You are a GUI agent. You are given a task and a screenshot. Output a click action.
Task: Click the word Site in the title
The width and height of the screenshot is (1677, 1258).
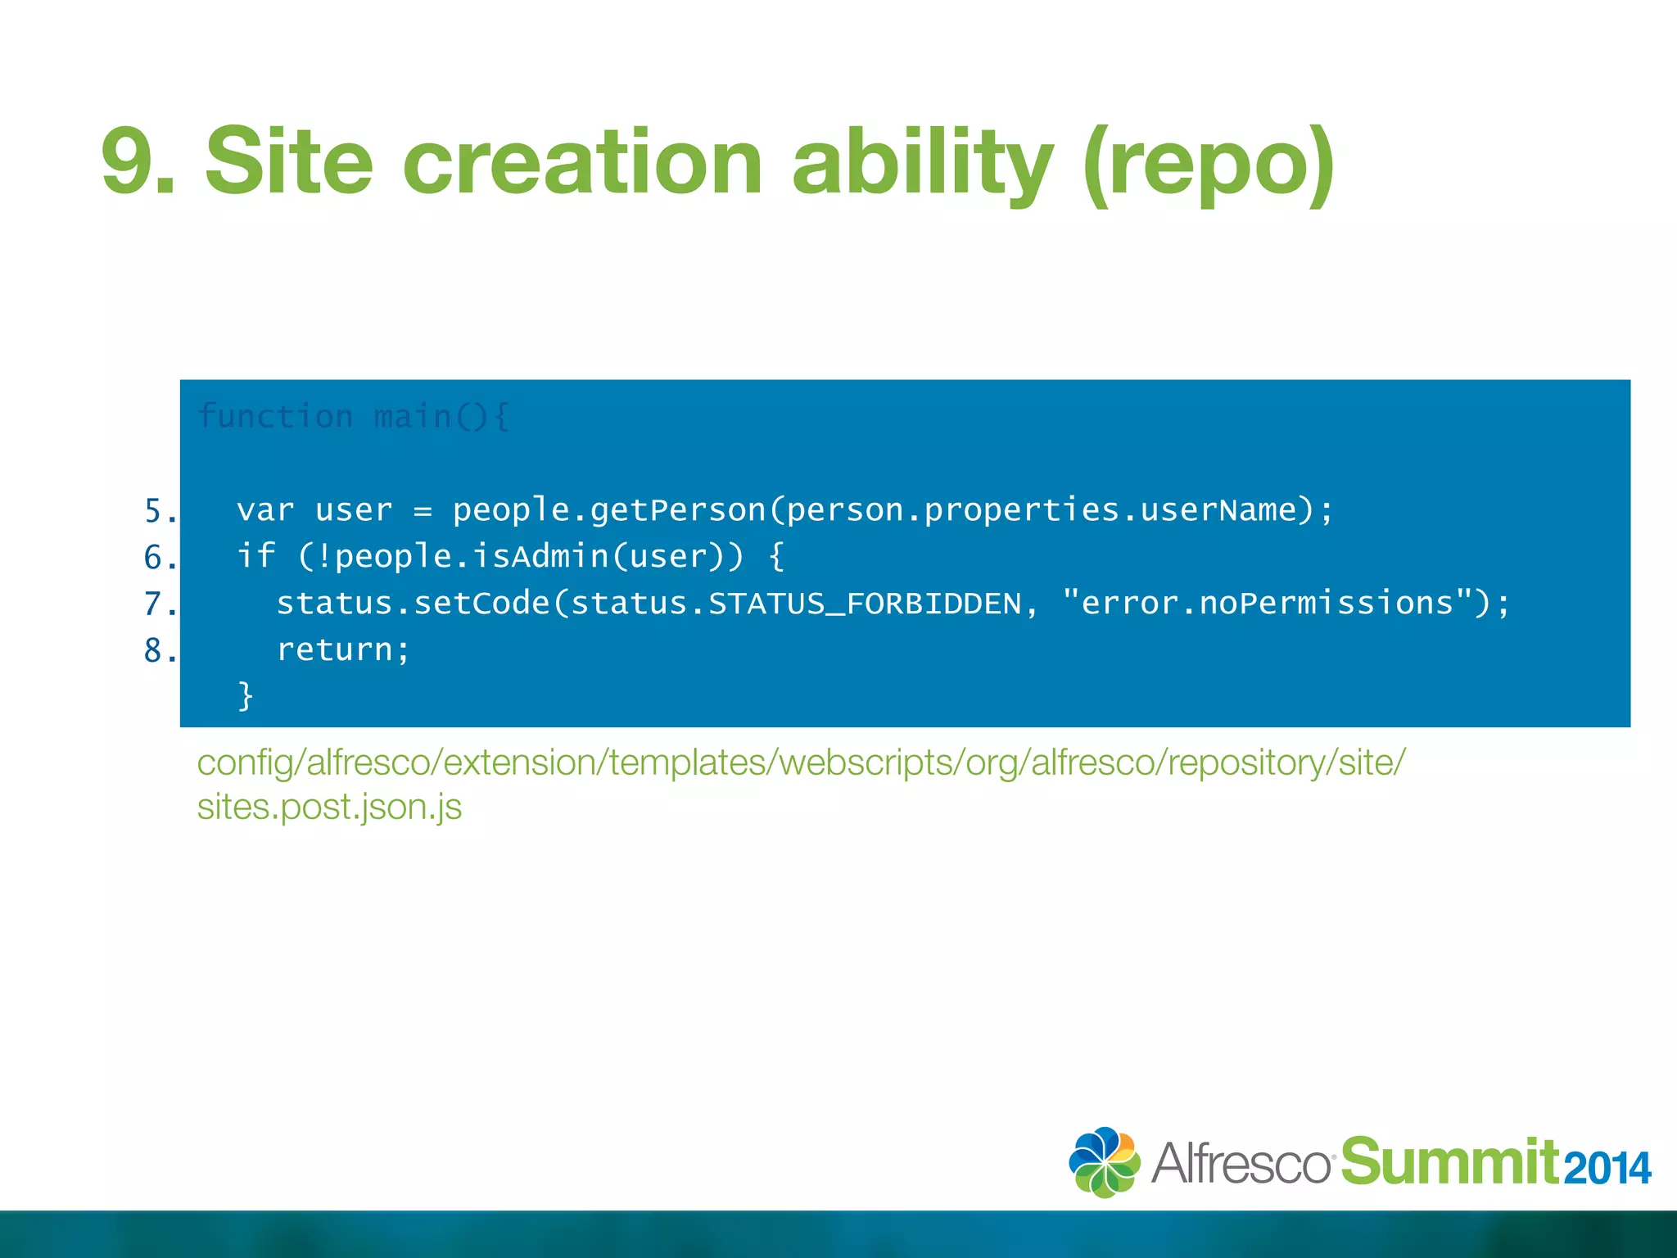coord(289,161)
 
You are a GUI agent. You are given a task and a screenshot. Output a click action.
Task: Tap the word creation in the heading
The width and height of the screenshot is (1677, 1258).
coord(582,161)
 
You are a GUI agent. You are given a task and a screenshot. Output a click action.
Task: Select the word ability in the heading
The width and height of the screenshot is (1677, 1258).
coord(922,161)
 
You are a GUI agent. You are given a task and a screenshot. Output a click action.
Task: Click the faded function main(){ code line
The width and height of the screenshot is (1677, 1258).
coord(353,417)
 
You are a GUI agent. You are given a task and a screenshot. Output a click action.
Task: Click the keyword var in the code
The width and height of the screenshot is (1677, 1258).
coord(264,510)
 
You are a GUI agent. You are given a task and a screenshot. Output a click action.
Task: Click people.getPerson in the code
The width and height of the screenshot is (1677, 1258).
coord(609,510)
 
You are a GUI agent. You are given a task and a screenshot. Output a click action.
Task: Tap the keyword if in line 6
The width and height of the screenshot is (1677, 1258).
coord(255,556)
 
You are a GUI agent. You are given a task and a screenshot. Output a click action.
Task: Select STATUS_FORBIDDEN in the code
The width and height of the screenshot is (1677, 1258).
coord(865,604)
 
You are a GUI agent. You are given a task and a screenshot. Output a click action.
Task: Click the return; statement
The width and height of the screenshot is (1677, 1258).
coord(342,650)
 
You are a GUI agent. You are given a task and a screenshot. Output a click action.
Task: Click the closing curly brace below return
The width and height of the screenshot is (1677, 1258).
coord(245,696)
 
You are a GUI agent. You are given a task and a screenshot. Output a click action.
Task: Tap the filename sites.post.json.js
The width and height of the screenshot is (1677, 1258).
coord(329,808)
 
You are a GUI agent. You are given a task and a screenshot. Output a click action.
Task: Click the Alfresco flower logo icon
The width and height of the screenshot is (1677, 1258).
coord(1104,1161)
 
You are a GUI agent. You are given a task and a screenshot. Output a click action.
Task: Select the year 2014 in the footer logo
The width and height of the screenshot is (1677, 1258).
coord(1607,1168)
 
